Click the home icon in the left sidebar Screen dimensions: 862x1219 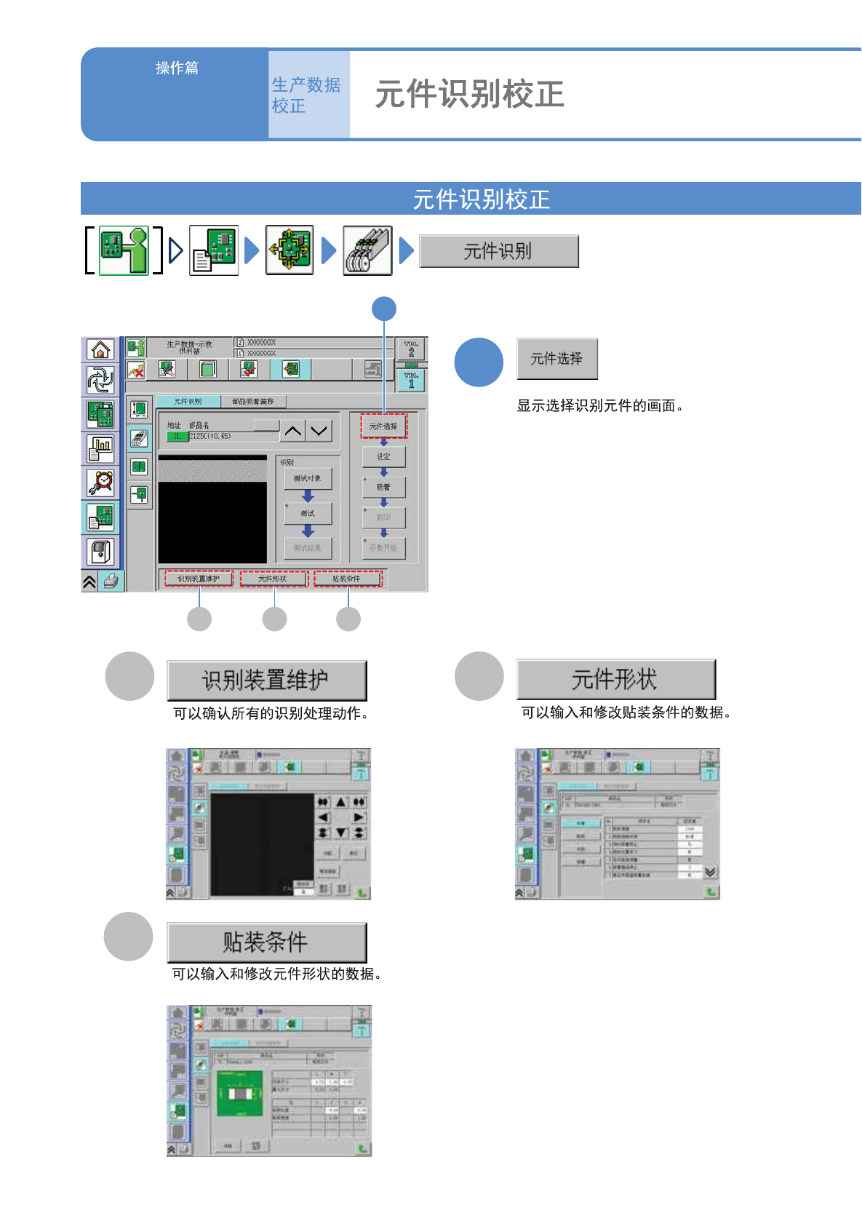tap(100, 350)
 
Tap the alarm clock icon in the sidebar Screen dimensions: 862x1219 tap(100, 482)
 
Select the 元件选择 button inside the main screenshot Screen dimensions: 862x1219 tap(383, 426)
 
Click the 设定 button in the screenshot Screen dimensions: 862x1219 tap(383, 456)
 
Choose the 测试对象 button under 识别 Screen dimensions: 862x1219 tap(308, 478)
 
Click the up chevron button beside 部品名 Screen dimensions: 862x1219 tap(292, 431)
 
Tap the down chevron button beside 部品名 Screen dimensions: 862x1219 tap(319, 431)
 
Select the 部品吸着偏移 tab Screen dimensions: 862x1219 tap(253, 402)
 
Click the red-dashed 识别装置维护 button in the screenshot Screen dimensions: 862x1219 tap(199, 579)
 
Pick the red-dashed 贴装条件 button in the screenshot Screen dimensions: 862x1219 tap(347, 579)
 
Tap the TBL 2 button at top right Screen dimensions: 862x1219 tap(411, 349)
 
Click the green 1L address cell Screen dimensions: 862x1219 tap(177, 437)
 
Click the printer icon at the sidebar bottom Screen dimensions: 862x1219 tap(111, 581)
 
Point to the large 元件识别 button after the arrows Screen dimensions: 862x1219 tap(499, 251)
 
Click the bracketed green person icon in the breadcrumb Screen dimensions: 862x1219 tap(124, 250)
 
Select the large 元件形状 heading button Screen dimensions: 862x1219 tap(615, 679)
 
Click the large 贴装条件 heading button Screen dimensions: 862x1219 tap(266, 942)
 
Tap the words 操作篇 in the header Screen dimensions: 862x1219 tap(177, 68)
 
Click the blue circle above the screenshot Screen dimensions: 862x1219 tap(384, 309)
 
